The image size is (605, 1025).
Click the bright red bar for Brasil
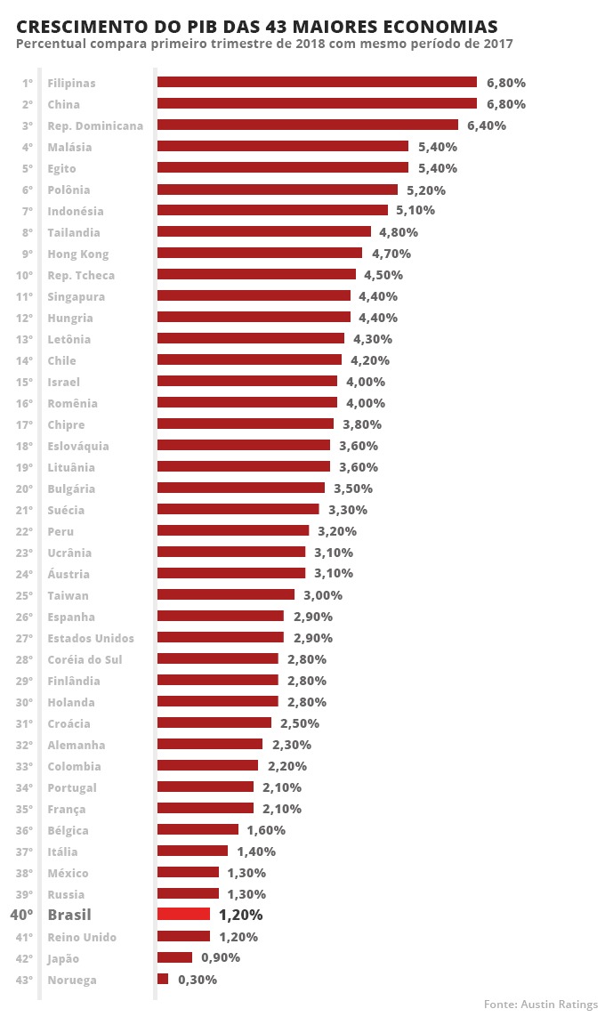[183, 914]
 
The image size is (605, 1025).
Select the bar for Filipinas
[317, 82]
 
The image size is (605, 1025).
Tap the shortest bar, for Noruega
[163, 979]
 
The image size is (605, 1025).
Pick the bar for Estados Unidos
[221, 637]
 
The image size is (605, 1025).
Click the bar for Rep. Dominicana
[308, 125]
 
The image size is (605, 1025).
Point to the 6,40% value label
[487, 125]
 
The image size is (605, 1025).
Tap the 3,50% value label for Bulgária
[353, 488]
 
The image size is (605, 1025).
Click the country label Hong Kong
[78, 254]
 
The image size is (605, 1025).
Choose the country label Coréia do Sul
[85, 659]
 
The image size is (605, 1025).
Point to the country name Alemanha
[77, 745]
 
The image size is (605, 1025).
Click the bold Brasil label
[69, 915]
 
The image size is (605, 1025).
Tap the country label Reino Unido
[82, 937]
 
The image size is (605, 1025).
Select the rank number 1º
[28, 83]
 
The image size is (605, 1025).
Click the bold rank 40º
[21, 915]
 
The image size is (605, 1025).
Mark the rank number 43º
[24, 980]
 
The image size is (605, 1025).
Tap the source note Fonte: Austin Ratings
[541, 1004]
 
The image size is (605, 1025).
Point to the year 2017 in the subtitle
[496, 44]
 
